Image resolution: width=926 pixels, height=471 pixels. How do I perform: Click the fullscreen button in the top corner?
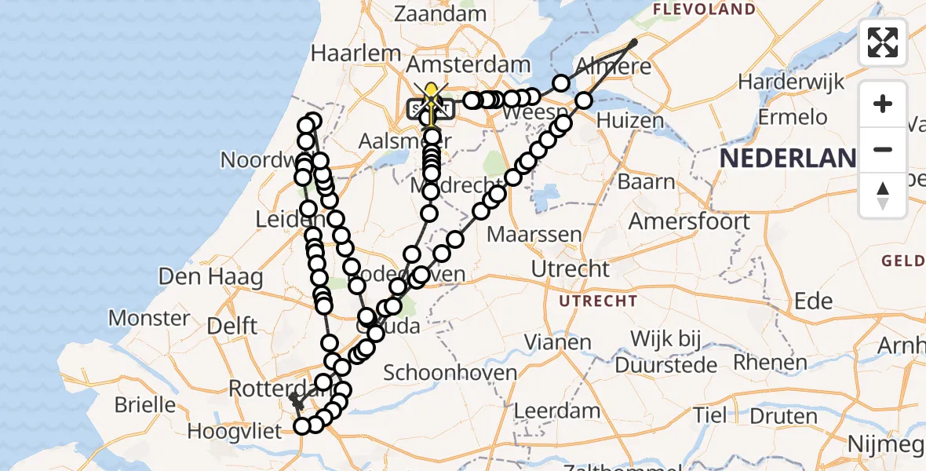coord(883,42)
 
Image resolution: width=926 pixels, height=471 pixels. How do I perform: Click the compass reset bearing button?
coord(883,195)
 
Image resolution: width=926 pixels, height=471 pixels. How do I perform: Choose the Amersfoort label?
coord(689,221)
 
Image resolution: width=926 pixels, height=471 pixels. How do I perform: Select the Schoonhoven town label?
coord(450,373)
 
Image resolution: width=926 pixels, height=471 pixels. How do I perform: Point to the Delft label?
coord(232,325)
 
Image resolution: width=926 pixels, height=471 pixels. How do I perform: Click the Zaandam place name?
coord(440,13)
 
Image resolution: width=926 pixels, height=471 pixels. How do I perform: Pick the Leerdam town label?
coord(557,411)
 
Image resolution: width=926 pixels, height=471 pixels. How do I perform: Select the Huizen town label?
coord(630,121)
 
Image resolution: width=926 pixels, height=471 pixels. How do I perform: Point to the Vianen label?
coord(559,342)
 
